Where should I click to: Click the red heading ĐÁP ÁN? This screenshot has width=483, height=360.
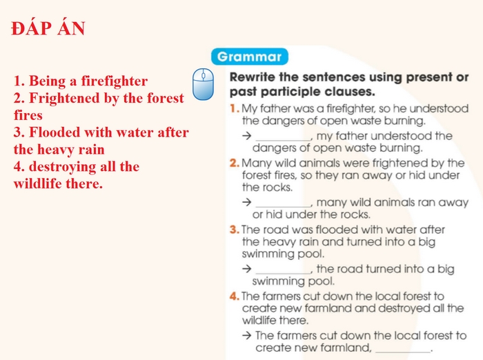pyautogui.click(x=48, y=29)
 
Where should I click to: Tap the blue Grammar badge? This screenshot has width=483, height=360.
pyautogui.click(x=249, y=57)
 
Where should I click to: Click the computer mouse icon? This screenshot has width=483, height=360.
pyautogui.click(x=203, y=84)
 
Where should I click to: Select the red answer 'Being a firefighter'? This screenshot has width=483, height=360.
pyautogui.click(x=81, y=81)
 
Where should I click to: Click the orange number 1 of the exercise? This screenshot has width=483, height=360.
pyautogui.click(x=234, y=109)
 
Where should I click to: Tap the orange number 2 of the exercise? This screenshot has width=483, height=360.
pyautogui.click(x=234, y=163)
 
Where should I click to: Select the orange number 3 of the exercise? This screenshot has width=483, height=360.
pyautogui.click(x=234, y=230)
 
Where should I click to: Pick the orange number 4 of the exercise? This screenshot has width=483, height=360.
pyautogui.click(x=235, y=297)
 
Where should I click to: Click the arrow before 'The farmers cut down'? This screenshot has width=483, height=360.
pyautogui.click(x=246, y=336)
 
